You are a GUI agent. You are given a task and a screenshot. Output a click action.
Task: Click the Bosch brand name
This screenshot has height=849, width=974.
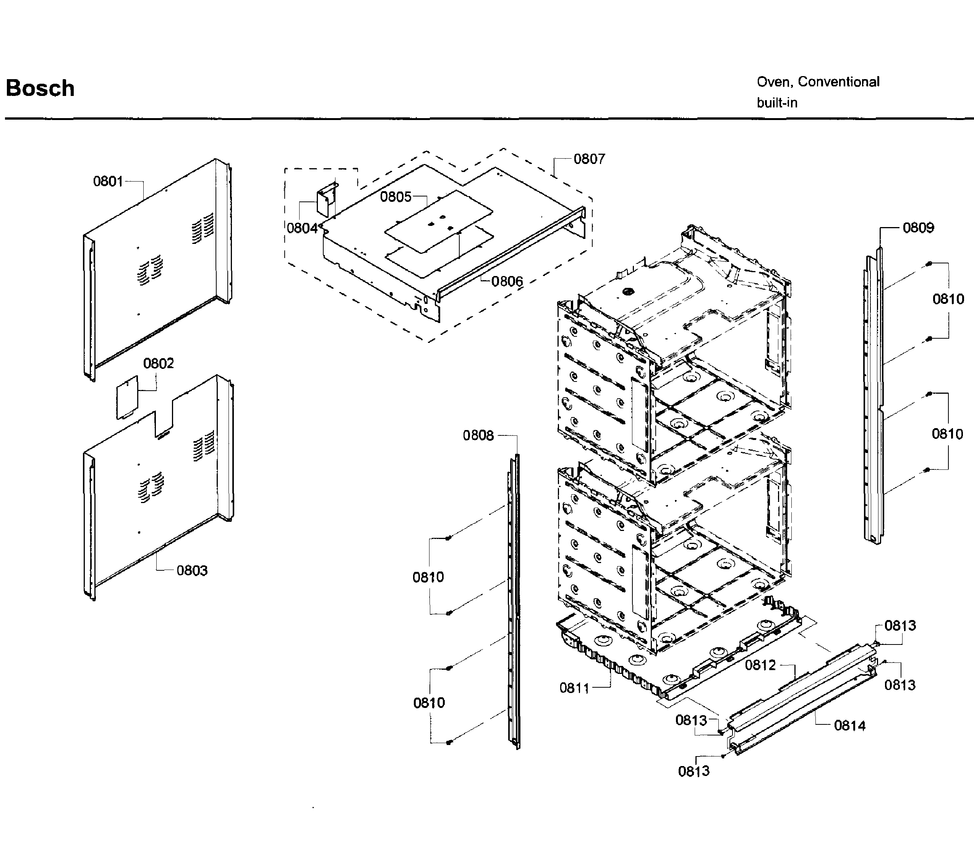(x=40, y=89)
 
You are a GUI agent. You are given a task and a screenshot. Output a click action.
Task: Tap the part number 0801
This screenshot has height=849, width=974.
(x=108, y=182)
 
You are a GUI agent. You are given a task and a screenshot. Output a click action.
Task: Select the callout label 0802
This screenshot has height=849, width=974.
(x=158, y=364)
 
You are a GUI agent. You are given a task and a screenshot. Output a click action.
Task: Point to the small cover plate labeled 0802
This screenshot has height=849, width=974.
(x=127, y=398)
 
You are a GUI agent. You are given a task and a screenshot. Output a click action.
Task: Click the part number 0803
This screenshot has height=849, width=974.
(x=192, y=570)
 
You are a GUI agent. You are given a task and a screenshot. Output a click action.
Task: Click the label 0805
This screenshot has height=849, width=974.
(x=396, y=197)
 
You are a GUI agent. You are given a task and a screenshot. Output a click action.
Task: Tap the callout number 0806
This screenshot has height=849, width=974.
(x=507, y=282)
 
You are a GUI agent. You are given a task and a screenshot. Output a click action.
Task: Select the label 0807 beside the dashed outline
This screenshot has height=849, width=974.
(x=589, y=159)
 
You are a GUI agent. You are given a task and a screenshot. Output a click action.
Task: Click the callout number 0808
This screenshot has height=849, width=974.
(x=478, y=435)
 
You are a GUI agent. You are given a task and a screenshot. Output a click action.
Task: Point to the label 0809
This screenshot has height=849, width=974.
(x=918, y=228)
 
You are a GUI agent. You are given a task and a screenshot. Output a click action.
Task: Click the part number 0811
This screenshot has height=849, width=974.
(x=574, y=688)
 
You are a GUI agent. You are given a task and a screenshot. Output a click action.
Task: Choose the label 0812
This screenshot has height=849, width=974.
(x=760, y=665)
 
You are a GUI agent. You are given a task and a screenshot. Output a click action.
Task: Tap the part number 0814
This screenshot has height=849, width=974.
(x=849, y=726)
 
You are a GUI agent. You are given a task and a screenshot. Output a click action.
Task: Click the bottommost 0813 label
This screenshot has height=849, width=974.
(x=694, y=771)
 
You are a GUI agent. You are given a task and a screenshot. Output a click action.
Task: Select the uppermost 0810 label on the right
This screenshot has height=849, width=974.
(x=948, y=299)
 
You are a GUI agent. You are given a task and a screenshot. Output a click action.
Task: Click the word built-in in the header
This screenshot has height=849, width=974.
(x=776, y=103)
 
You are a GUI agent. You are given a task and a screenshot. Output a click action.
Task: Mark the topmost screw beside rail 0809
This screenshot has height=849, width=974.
(x=929, y=263)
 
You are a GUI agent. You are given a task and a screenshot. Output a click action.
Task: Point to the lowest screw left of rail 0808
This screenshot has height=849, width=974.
(x=449, y=742)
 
